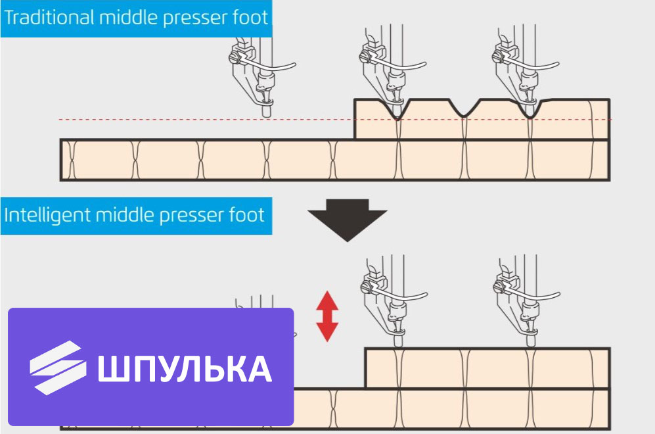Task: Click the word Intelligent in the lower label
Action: tap(47, 215)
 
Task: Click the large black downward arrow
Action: tap(347, 220)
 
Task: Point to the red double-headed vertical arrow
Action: tap(327, 316)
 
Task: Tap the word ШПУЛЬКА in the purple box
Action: tap(185, 369)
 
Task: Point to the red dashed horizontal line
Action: tap(335, 120)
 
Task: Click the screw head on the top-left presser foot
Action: tap(235, 58)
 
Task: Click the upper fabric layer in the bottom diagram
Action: tap(487, 368)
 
